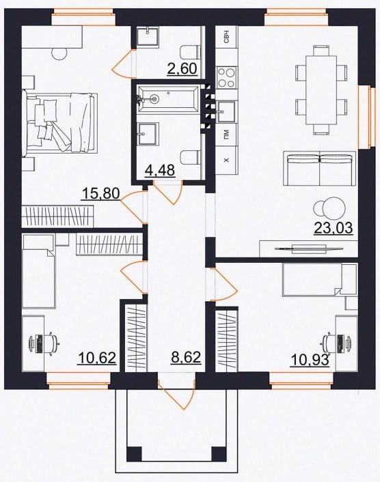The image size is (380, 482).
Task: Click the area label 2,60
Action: [182, 68]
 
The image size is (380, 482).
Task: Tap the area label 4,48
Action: [160, 170]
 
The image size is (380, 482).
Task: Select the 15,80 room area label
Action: [101, 194]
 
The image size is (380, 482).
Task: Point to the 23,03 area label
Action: [334, 228]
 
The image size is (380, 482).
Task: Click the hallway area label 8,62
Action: [186, 358]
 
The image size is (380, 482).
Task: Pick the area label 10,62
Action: [97, 358]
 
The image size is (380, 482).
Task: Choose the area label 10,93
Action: [310, 360]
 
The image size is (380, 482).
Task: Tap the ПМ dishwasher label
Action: [227, 134]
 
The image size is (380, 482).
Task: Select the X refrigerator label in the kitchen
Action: [227, 160]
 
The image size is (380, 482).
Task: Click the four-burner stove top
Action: [227, 77]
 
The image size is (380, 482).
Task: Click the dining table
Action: [321, 89]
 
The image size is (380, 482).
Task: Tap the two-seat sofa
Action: [319, 168]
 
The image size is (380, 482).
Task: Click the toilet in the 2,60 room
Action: [190, 53]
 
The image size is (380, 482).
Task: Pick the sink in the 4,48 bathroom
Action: [148, 134]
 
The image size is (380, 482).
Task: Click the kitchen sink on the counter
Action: [226, 111]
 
